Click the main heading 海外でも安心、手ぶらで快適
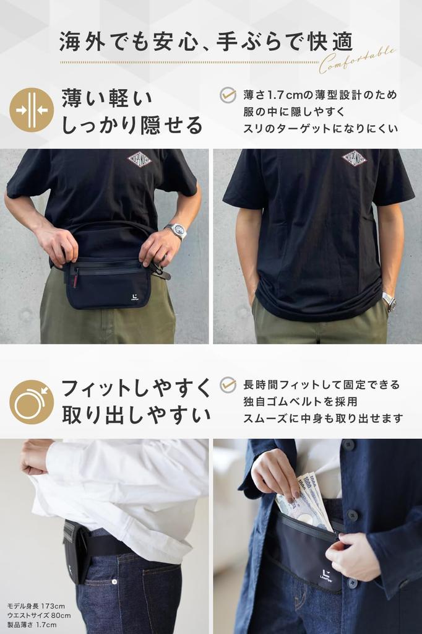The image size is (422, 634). tap(206, 42)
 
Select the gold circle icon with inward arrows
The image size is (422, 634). tap(32, 110)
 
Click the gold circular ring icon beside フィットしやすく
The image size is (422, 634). tap(32, 402)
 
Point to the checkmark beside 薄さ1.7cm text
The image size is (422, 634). tap(228, 95)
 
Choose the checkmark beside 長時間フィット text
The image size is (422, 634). tap(228, 384)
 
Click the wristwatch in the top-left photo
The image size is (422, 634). tap(178, 231)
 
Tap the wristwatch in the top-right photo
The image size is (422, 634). tap(389, 302)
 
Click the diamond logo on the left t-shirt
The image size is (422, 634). tap(139, 160)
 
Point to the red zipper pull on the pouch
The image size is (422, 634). tap(75, 279)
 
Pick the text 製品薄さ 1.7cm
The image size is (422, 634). tap(32, 625)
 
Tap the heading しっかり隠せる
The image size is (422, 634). tap(132, 125)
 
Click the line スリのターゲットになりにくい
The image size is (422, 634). tap(321, 129)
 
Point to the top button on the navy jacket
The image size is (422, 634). tap(348, 445)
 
